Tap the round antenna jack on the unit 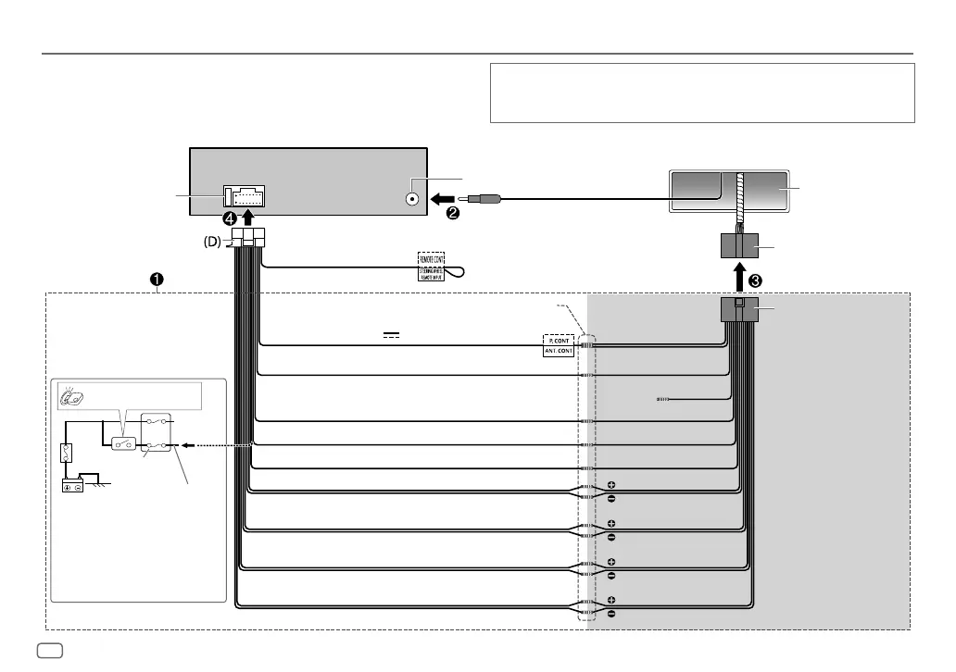click(411, 198)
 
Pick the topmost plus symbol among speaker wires click(612, 485)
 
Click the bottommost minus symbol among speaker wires click(612, 614)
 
